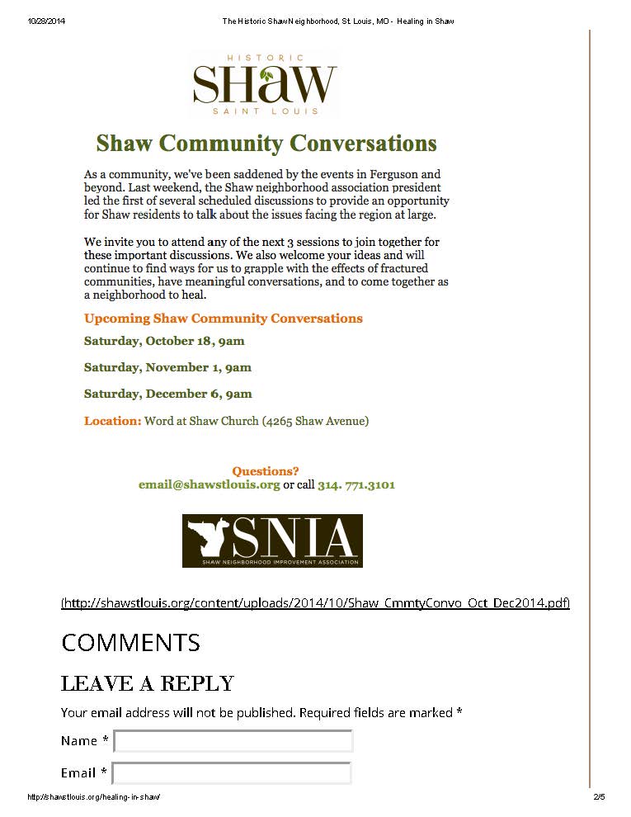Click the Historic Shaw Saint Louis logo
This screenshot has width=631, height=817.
pyautogui.click(x=264, y=84)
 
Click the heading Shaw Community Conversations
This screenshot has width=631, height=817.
pyautogui.click(x=266, y=144)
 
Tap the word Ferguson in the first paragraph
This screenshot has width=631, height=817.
pyautogui.click(x=389, y=174)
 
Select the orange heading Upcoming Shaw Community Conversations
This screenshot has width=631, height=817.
pyautogui.click(x=223, y=319)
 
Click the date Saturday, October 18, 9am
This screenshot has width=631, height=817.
pyautogui.click(x=164, y=341)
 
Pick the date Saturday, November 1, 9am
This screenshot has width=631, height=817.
pyautogui.click(x=167, y=367)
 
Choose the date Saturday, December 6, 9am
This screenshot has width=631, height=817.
pyautogui.click(x=167, y=394)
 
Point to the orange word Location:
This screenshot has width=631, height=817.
pyautogui.click(x=112, y=421)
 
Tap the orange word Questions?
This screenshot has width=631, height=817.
pyautogui.click(x=266, y=471)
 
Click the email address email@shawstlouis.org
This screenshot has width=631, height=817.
pyautogui.click(x=210, y=484)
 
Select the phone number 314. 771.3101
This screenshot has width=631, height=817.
pyautogui.click(x=356, y=484)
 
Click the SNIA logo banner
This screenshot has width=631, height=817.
pyautogui.click(x=272, y=541)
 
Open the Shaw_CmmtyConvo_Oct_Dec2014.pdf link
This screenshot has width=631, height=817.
pyautogui.click(x=315, y=602)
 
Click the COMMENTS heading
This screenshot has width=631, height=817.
pyautogui.click(x=130, y=642)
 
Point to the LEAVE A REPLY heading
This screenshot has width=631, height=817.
pyautogui.click(x=148, y=683)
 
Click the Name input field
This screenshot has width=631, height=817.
pyautogui.click(x=233, y=741)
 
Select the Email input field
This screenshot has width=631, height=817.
pyautogui.click(x=232, y=773)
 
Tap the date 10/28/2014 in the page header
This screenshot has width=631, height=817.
pyautogui.click(x=46, y=21)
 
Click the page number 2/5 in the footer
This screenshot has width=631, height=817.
pyautogui.click(x=599, y=797)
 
